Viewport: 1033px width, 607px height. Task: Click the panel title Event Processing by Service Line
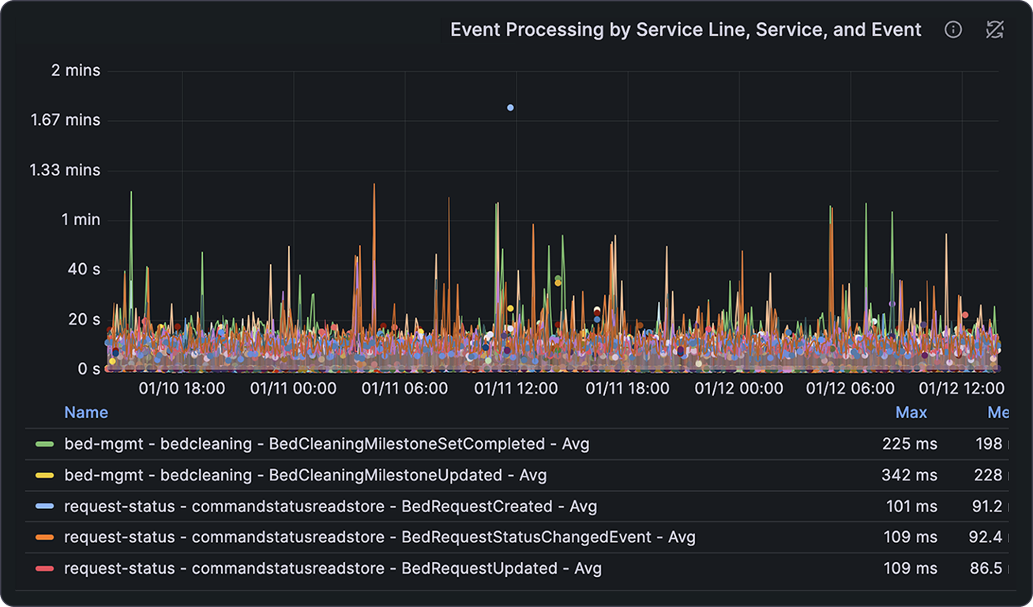(685, 30)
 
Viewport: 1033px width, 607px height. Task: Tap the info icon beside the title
(953, 30)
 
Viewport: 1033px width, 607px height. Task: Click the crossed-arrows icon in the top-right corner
(994, 30)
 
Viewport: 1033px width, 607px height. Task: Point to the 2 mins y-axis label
(76, 70)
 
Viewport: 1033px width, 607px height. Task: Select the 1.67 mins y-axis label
(66, 120)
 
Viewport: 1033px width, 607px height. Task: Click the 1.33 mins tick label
(66, 170)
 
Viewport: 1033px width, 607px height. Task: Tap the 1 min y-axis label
(81, 220)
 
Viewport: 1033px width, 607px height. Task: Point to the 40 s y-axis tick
(85, 270)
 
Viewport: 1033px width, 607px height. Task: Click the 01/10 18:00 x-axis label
(182, 388)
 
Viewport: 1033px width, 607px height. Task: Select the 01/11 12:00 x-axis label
(516, 388)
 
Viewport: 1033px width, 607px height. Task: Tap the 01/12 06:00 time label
(850, 388)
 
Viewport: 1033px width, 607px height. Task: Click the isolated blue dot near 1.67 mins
(510, 107)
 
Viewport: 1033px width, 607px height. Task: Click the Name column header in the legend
(86, 413)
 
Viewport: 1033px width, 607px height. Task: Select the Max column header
(911, 413)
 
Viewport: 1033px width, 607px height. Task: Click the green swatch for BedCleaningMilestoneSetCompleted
(45, 444)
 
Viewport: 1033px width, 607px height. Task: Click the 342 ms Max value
(909, 475)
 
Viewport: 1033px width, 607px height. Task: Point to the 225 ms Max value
(910, 444)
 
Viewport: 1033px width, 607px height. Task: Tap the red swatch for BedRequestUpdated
(45, 568)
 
